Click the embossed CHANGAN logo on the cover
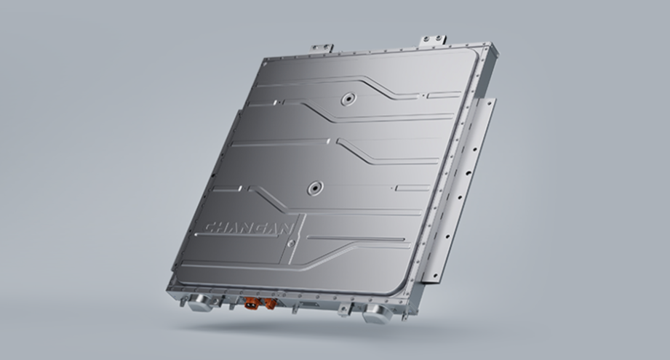coord(250,228)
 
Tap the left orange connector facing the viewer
coord(250,304)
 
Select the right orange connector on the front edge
coord(270,303)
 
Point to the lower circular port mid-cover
coord(315,187)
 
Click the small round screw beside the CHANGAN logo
coord(291,244)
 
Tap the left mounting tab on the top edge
coord(322,47)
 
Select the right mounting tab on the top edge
coord(434,41)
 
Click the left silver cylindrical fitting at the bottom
coord(199,302)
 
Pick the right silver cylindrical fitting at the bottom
coord(375,313)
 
